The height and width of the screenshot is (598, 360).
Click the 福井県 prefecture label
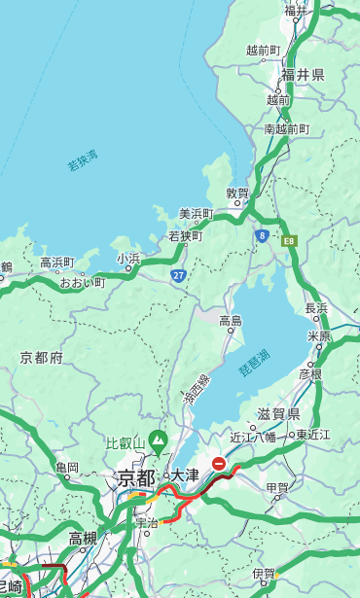pyautogui.click(x=303, y=75)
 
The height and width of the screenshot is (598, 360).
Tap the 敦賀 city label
pyautogui.click(x=238, y=193)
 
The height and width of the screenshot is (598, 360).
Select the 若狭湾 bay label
pyautogui.click(x=83, y=160)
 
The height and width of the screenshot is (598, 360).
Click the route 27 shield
pyautogui.click(x=179, y=275)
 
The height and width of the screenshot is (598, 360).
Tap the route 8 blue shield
pyautogui.click(x=262, y=235)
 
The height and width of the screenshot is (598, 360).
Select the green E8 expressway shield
pyautogui.click(x=288, y=239)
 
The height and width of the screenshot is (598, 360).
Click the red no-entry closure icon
pyautogui.click(x=220, y=465)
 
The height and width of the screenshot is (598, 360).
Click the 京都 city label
pyautogui.click(x=135, y=477)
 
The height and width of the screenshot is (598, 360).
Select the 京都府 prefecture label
pyautogui.click(x=42, y=358)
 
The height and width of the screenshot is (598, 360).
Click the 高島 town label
pyautogui.click(x=231, y=321)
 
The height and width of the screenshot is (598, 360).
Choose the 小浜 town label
pyautogui.click(x=128, y=258)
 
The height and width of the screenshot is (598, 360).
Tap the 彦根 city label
pyautogui.click(x=309, y=373)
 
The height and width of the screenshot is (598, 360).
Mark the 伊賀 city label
pyautogui.click(x=264, y=574)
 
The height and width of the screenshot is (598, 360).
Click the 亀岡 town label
pyautogui.click(x=66, y=468)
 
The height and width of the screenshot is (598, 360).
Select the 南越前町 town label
pyautogui.click(x=286, y=128)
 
